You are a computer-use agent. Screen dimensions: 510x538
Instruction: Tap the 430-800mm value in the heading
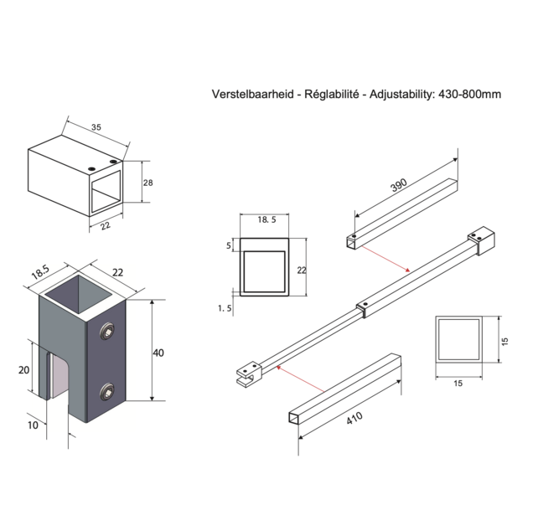click(470, 95)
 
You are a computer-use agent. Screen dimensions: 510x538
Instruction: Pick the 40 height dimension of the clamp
click(158, 353)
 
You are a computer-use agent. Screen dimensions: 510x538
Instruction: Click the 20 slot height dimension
click(23, 369)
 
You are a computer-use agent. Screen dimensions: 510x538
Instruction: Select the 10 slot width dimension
click(33, 425)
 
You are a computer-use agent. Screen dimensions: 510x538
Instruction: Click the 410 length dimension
click(355, 417)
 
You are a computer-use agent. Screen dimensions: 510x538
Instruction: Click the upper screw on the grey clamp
click(108, 333)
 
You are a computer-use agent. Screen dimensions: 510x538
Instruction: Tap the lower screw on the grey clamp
click(108, 390)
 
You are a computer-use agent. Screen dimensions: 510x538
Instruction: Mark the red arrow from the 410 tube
click(300, 379)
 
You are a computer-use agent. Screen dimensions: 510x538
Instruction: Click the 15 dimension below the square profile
click(458, 383)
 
